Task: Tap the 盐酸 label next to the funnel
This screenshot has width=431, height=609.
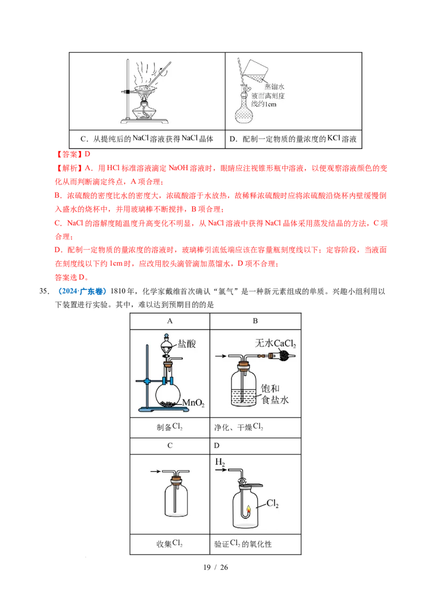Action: tap(188, 344)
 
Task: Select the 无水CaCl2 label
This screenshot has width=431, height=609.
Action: tap(276, 343)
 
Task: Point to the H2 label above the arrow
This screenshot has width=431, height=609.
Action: tap(220, 462)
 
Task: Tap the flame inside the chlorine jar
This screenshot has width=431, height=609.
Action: tap(248, 509)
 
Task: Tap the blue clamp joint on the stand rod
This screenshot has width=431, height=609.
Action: tap(148, 381)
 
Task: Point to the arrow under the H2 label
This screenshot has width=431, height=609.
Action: tap(221, 470)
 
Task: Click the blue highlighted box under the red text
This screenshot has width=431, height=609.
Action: tap(82, 291)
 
